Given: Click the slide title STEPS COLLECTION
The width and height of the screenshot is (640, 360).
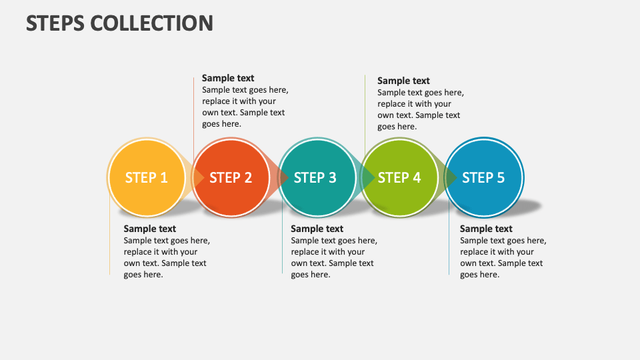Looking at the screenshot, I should point(120,23).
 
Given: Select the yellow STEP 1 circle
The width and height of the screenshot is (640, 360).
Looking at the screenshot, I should point(147,177).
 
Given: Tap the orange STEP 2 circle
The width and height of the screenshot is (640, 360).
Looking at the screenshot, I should point(231,177).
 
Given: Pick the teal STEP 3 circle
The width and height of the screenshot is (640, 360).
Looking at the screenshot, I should point(315,177).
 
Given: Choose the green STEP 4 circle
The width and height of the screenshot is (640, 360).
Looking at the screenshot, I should point(399,177).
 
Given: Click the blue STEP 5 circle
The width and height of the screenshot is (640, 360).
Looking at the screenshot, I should point(484,177).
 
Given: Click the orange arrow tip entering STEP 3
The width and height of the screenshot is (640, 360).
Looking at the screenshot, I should point(284,177).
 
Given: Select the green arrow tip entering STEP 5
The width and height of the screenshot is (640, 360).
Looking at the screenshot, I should point(452,177).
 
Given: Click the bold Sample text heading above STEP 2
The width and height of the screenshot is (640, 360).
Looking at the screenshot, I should point(228,78).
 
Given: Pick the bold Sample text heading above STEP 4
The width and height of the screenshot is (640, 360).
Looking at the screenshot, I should point(403,81).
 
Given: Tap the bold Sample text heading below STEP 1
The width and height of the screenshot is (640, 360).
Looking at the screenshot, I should point(150,229).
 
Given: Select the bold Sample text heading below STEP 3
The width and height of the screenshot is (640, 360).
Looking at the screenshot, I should point(317,229).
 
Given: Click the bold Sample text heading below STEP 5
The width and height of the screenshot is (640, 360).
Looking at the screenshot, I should point(486,229).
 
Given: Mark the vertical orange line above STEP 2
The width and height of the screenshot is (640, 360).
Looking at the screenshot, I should point(194,113).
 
